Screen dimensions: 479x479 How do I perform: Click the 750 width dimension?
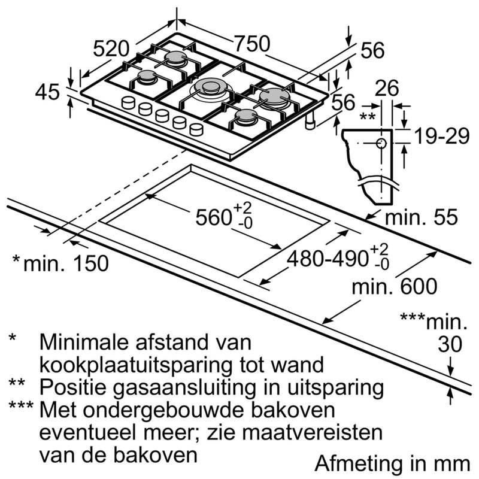tap(251, 44)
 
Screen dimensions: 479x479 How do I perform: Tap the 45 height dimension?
tap(47, 93)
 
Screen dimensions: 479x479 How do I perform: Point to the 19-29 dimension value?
tap(440, 137)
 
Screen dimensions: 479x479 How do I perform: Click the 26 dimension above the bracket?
tap(387, 89)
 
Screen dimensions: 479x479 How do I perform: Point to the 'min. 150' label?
tap(66, 262)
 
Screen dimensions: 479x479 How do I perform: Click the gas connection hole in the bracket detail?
tap(381, 143)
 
